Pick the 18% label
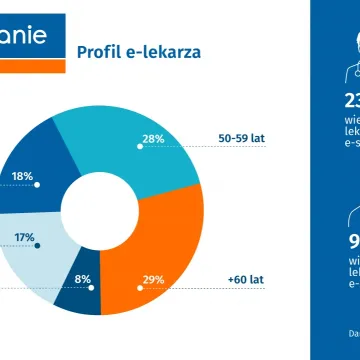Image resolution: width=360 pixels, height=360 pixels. [x=22, y=176]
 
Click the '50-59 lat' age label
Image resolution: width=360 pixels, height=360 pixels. [x=243, y=139]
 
